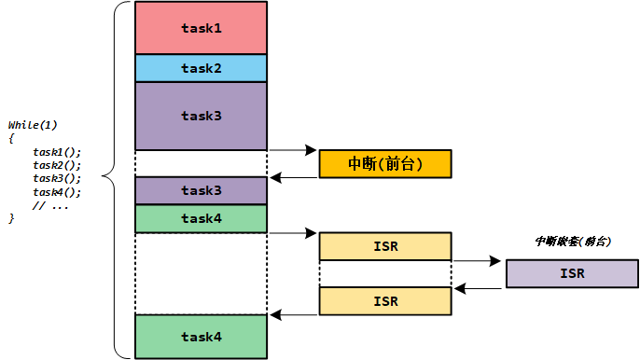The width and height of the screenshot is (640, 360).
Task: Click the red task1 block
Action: click(x=201, y=28)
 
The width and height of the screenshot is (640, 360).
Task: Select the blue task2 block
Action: click(x=201, y=68)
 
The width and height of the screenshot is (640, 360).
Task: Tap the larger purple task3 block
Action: click(x=201, y=116)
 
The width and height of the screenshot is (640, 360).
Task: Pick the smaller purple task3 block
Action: click(x=201, y=190)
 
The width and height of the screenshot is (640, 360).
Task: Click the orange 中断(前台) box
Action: click(x=384, y=163)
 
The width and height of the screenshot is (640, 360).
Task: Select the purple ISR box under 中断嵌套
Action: click(x=572, y=273)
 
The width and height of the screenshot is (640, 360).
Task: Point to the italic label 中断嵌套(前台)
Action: click(x=572, y=241)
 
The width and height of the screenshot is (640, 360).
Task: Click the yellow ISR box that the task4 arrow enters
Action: click(x=384, y=246)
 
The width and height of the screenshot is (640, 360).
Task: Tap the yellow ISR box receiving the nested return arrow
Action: click(x=384, y=300)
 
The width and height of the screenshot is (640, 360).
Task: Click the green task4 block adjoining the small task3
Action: click(x=201, y=218)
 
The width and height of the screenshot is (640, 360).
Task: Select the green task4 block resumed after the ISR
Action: click(x=201, y=337)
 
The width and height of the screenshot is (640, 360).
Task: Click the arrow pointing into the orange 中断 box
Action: click(x=293, y=149)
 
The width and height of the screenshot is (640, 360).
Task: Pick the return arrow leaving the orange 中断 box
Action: click(x=293, y=177)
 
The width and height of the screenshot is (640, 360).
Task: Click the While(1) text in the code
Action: click(x=34, y=125)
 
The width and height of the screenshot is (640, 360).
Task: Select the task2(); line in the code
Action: click(x=57, y=164)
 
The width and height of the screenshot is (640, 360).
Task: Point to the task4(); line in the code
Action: click(x=57, y=191)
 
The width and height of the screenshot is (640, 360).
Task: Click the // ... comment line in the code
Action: click(x=52, y=204)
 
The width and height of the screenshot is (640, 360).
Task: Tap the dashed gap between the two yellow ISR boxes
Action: click(x=384, y=273)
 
